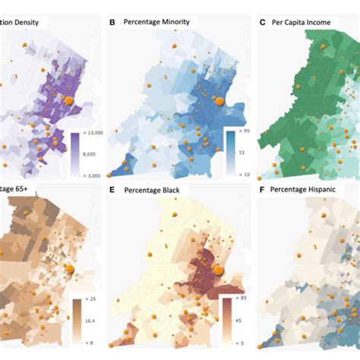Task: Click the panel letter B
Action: [x=112, y=24]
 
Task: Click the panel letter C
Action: [x=263, y=23]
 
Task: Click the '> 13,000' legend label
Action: [x=92, y=134]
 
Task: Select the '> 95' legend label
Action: [x=242, y=134]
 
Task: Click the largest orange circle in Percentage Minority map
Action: [x=218, y=99]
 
